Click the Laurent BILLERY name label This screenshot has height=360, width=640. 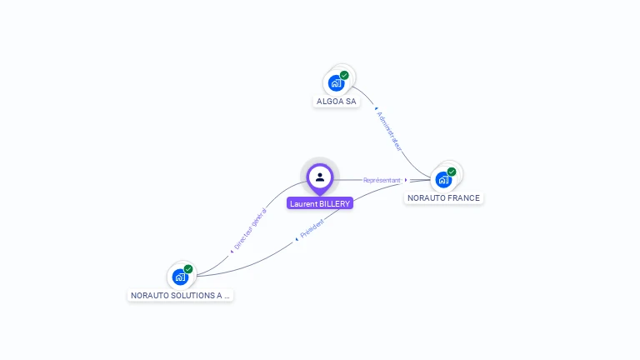pyautogui.click(x=320, y=203)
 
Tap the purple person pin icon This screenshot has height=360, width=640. pyautogui.click(x=320, y=177)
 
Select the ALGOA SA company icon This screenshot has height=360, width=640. pyautogui.click(x=336, y=82)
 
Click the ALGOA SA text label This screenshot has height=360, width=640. pyautogui.click(x=337, y=102)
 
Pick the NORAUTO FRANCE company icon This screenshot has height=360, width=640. pyautogui.click(x=443, y=179)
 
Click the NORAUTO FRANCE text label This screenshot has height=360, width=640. pyautogui.click(x=443, y=198)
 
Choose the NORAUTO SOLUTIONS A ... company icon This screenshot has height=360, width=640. pyautogui.click(x=180, y=277)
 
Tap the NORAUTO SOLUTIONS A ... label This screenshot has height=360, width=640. pyautogui.click(x=180, y=295)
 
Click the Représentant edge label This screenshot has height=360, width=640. pyautogui.click(x=382, y=180)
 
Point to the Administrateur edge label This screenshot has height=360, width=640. pyautogui.click(x=389, y=130)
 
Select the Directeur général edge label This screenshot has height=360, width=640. pyautogui.click(x=250, y=229)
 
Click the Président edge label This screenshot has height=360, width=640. pyautogui.click(x=312, y=230)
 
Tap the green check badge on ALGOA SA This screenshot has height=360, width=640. pyautogui.click(x=344, y=75)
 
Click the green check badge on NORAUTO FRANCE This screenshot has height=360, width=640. pyautogui.click(x=452, y=172)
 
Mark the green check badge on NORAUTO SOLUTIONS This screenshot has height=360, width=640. pyautogui.click(x=188, y=269)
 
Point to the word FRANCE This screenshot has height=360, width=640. pyautogui.click(x=462, y=198)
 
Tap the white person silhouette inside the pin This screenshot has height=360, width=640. pyautogui.click(x=320, y=176)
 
